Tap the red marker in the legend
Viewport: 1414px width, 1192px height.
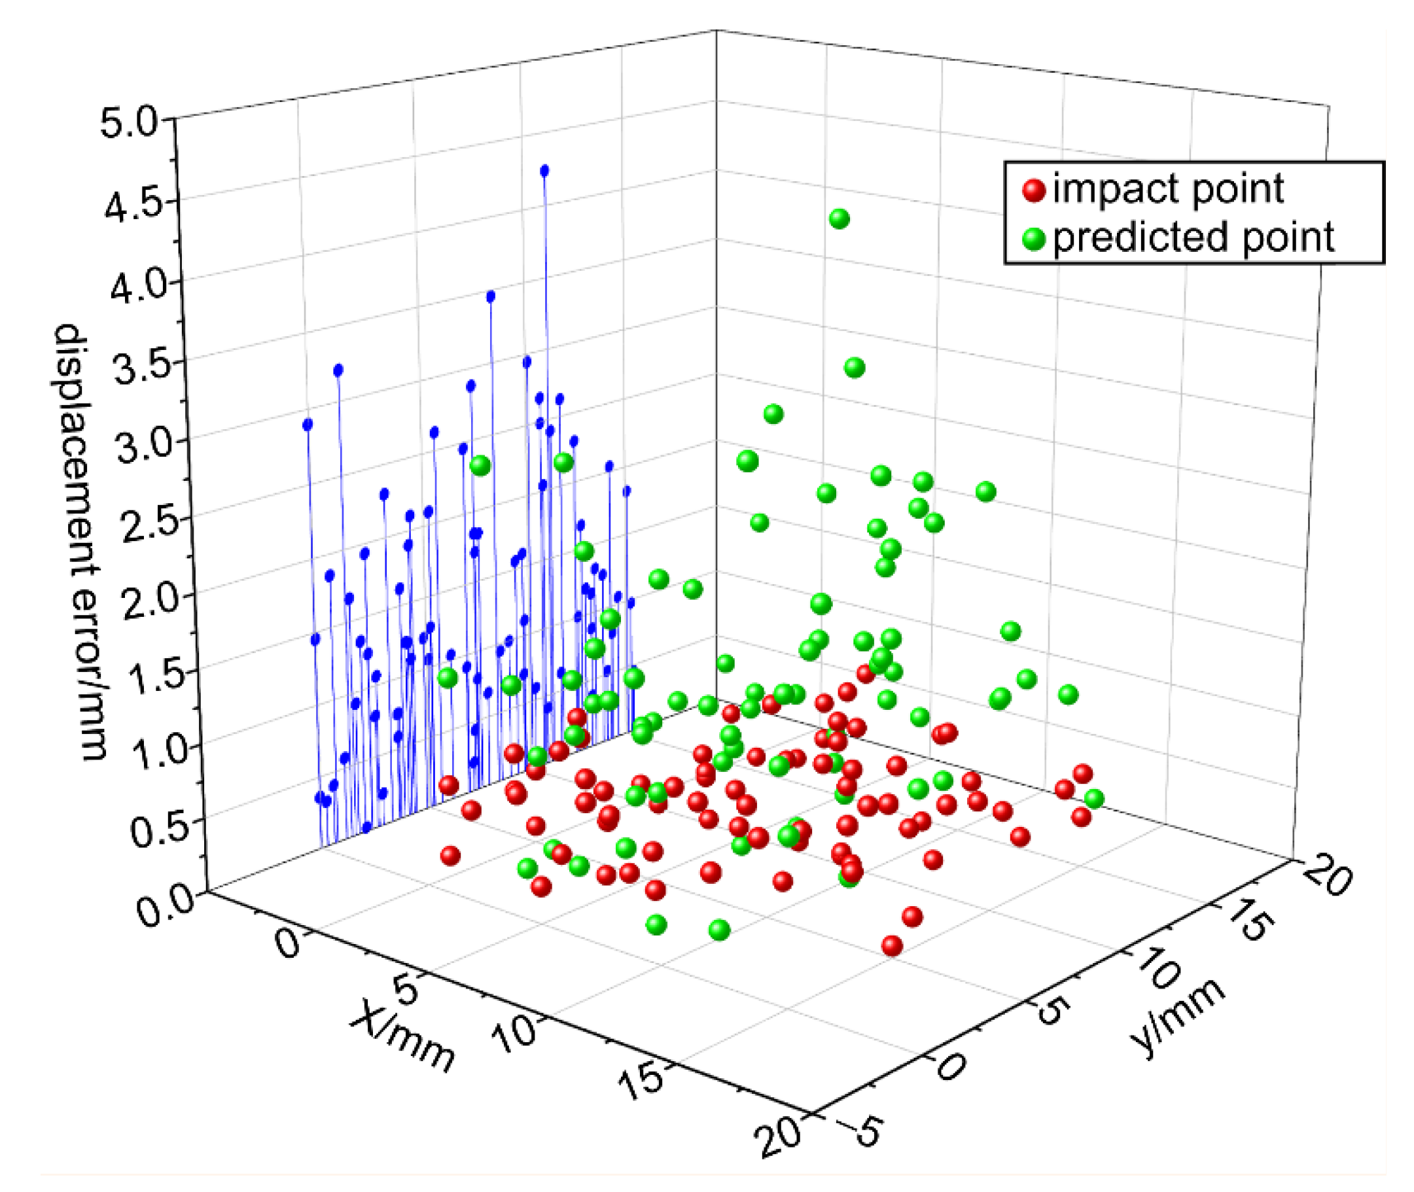pyautogui.click(x=1033, y=190)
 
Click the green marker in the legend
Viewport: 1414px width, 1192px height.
pyautogui.click(x=1033, y=238)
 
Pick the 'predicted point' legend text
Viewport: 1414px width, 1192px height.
pyautogui.click(x=1193, y=237)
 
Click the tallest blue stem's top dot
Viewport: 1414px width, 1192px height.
pyautogui.click(x=544, y=171)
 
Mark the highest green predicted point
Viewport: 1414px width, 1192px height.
pyautogui.click(x=839, y=219)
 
